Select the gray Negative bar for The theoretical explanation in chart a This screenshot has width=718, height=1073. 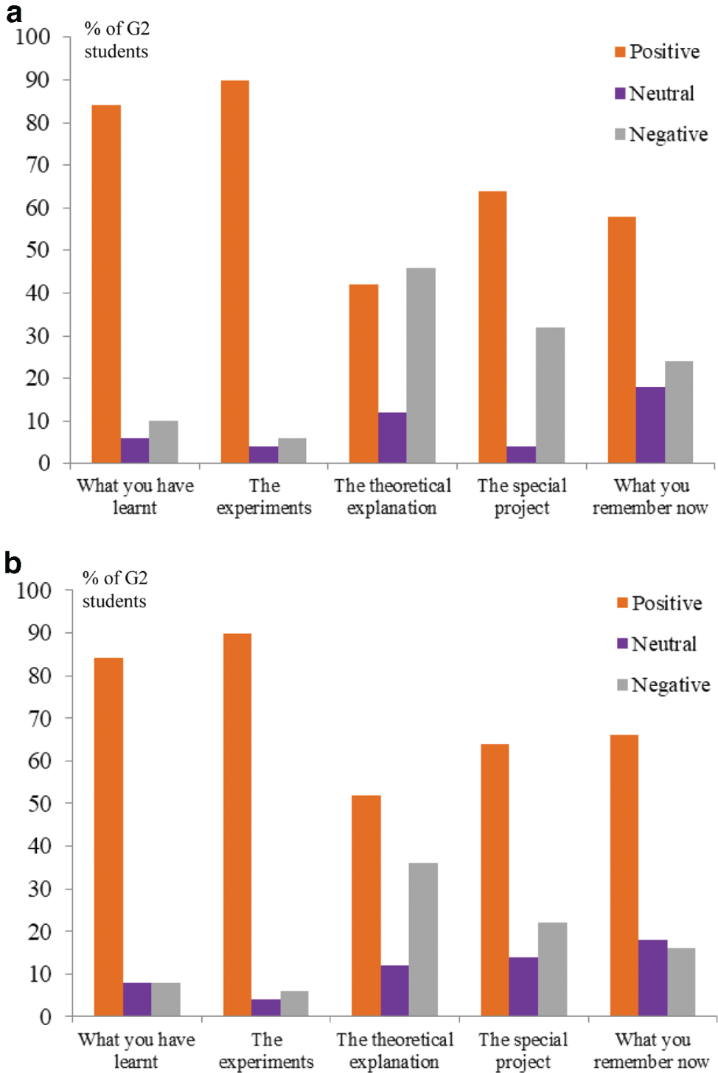point(420,366)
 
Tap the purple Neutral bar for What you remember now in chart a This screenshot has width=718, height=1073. point(650,424)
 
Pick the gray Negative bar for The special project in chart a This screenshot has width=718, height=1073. point(550,395)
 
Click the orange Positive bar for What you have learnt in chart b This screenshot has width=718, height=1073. point(108,837)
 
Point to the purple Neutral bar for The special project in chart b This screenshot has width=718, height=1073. point(523,987)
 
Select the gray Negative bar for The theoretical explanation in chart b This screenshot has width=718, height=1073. point(423,940)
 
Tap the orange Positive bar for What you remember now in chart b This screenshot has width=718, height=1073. point(624,875)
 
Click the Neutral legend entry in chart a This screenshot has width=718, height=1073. point(655,94)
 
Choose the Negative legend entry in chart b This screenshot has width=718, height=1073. point(663,685)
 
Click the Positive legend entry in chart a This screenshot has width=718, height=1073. point(657,52)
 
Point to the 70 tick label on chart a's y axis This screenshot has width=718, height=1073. point(38,164)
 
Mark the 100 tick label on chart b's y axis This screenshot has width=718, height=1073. point(34,590)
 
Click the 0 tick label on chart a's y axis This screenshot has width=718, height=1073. point(44,464)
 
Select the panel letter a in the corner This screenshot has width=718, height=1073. point(13,13)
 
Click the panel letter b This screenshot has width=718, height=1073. point(13,563)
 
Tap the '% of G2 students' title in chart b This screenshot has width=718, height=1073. point(114,590)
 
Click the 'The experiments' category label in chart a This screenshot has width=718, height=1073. point(264,497)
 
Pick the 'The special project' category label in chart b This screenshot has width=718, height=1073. point(523,1050)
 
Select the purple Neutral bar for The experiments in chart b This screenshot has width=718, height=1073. point(265,1007)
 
